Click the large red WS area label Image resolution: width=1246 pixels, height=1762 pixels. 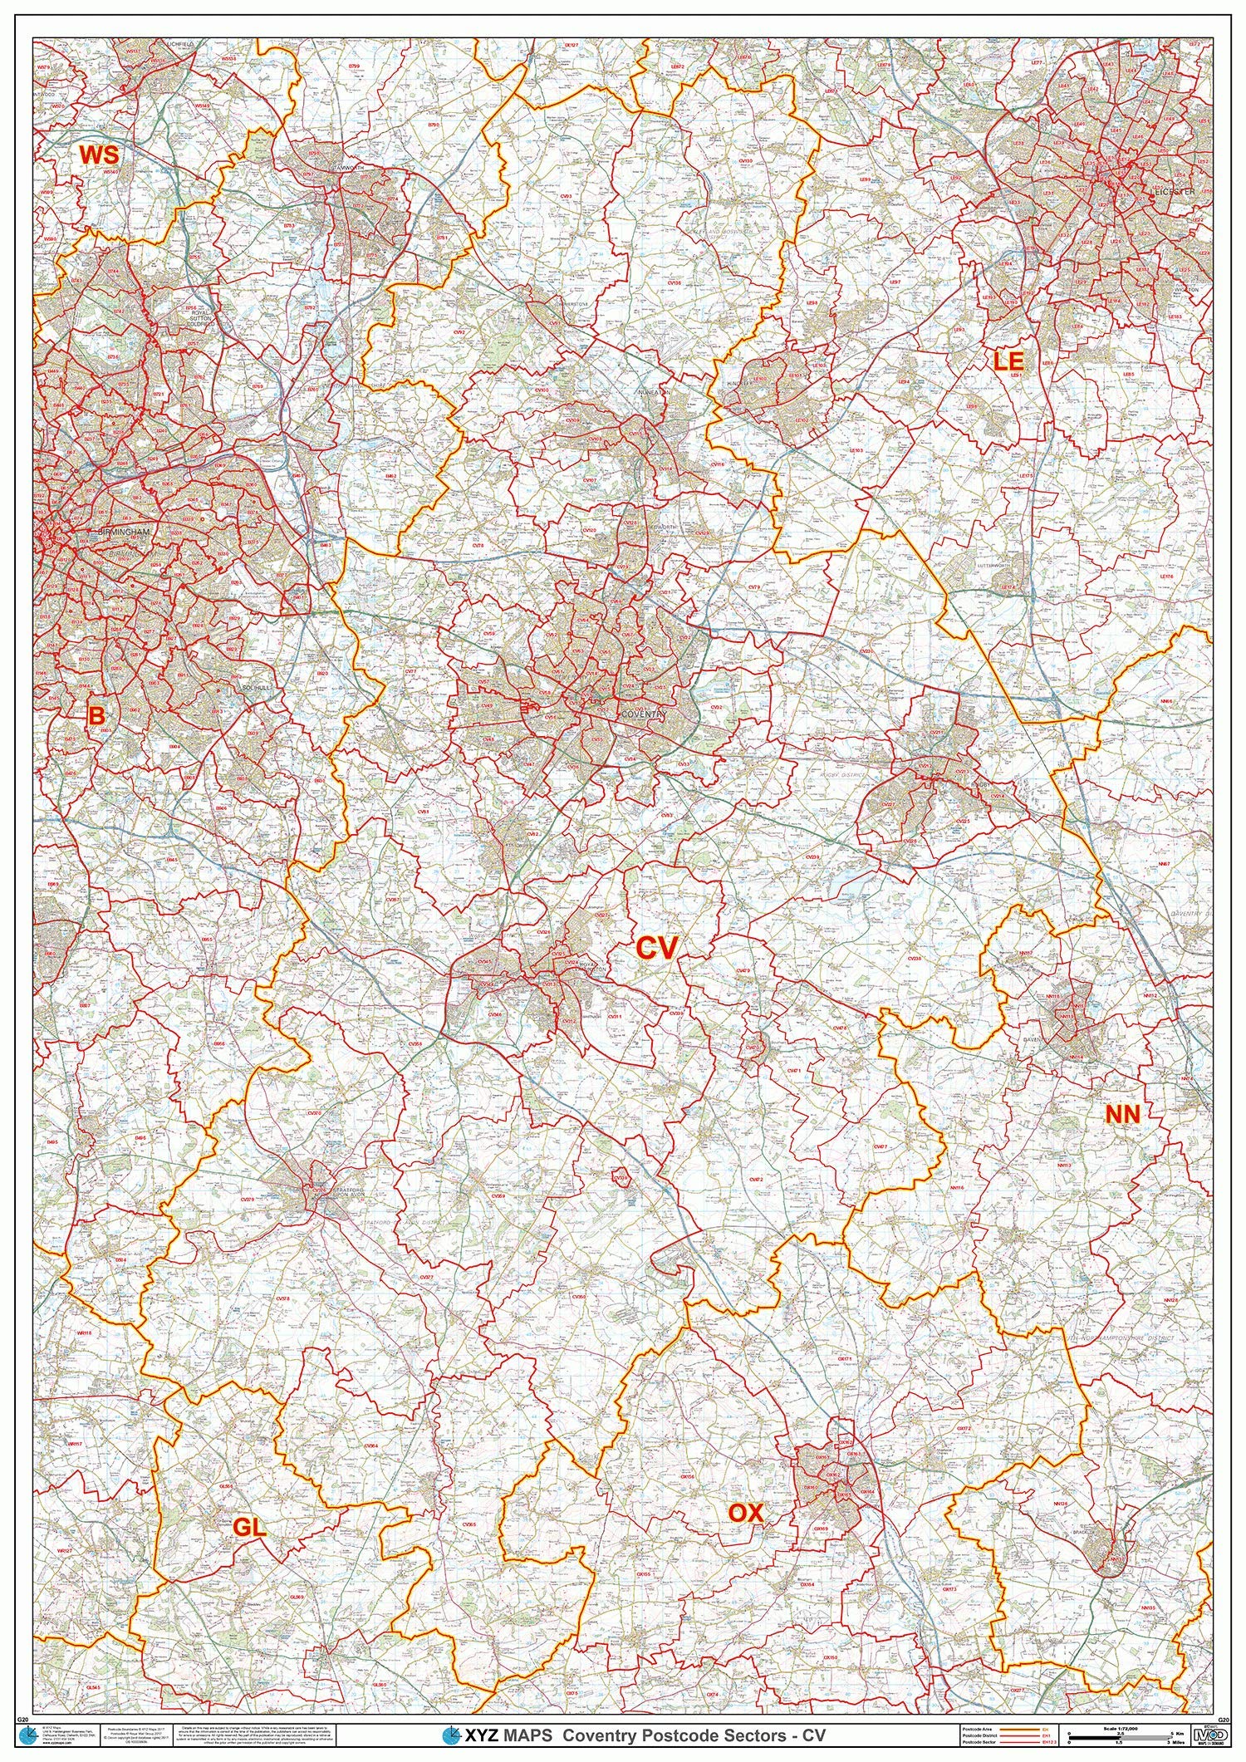(x=99, y=155)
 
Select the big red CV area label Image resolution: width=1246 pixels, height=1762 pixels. (x=657, y=948)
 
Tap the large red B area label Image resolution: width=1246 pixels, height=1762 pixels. (x=97, y=714)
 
